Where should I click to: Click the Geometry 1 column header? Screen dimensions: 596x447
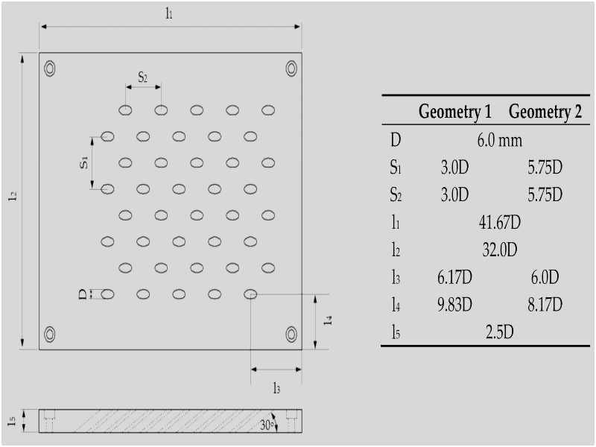point(455,112)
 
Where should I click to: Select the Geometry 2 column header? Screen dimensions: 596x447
point(545,112)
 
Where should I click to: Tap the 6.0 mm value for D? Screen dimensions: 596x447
point(499,141)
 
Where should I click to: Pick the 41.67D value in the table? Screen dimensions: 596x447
point(499,222)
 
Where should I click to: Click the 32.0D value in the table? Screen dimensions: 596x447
point(499,250)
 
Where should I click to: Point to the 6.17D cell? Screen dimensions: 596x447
point(454,277)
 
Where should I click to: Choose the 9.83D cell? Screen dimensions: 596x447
point(454,305)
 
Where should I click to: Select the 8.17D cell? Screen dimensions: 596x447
point(545,305)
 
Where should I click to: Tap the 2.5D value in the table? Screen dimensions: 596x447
point(499,332)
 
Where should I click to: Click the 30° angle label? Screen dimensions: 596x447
point(267,425)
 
